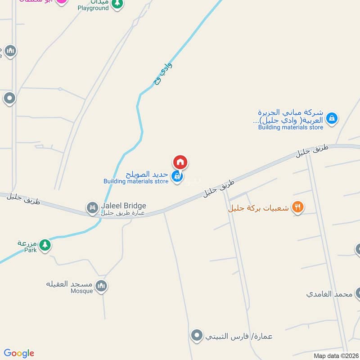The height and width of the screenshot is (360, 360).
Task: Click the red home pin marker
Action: pos(180,162)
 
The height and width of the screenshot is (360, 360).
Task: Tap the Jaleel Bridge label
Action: pos(123,206)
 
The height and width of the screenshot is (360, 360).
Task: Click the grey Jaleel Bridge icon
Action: pos(92,207)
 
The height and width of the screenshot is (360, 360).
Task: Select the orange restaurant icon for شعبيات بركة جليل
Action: pos(297,207)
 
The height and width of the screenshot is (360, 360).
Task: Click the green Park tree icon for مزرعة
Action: pos(45,245)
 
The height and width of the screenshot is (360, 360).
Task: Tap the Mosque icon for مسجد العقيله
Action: pos(102,286)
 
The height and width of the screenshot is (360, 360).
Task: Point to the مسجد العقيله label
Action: pos(69,284)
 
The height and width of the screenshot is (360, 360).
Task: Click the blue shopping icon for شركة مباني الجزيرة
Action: pos(332,118)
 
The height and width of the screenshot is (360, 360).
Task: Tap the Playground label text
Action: pos(93,8)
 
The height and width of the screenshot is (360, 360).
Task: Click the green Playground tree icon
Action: pos(117,4)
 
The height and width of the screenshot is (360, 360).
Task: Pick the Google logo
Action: pos(19,353)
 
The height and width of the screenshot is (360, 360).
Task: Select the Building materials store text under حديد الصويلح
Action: pos(136,181)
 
